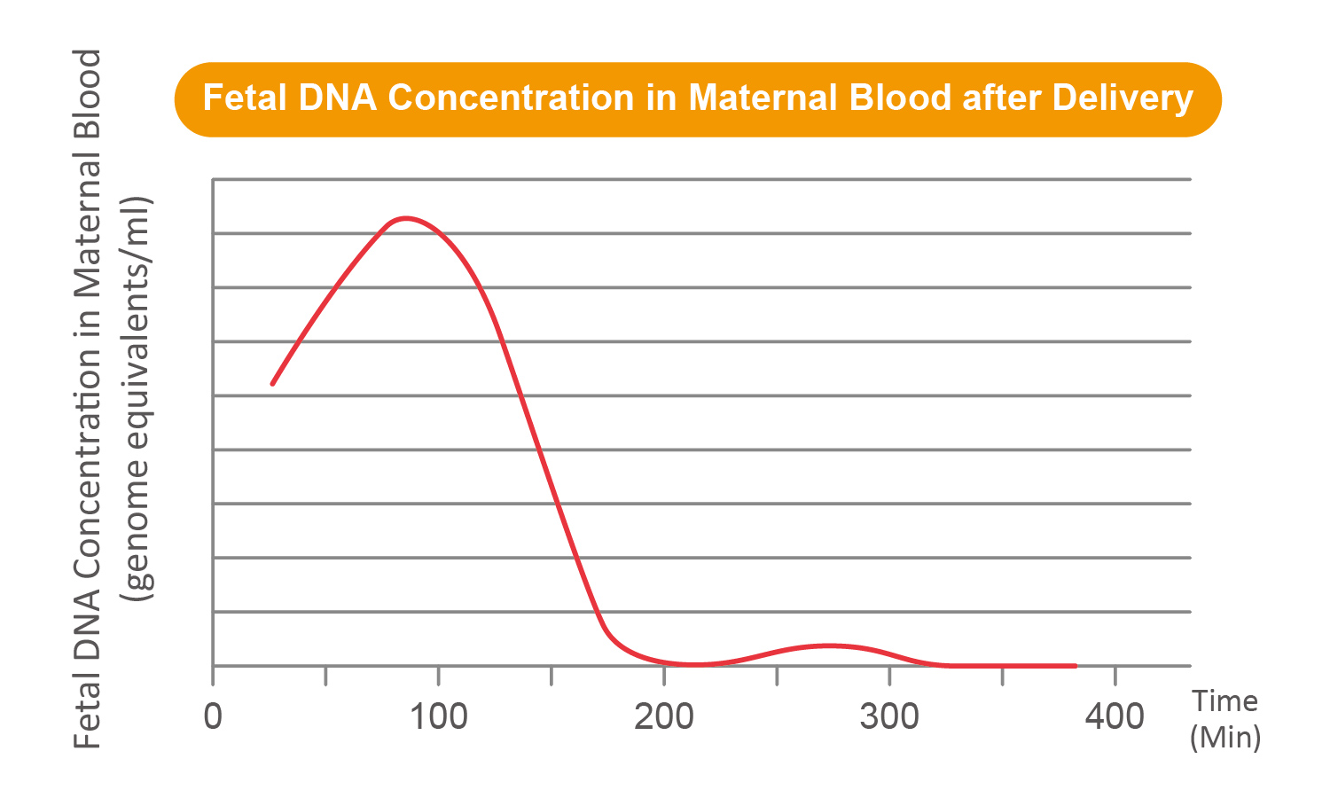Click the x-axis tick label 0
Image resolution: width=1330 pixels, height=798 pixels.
[213, 716]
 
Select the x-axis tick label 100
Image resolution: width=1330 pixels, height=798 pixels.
[439, 716]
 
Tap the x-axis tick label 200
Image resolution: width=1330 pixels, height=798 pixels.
[664, 716]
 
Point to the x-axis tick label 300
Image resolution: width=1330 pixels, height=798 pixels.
[889, 716]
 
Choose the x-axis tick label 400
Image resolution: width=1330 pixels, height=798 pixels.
[1115, 716]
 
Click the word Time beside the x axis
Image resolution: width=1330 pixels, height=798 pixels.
[1224, 701]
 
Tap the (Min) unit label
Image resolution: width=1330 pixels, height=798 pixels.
[1225, 738]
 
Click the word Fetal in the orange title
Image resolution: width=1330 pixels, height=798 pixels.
[246, 98]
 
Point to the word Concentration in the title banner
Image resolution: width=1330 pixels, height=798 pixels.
[512, 98]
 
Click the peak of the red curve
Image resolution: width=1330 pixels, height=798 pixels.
[405, 218]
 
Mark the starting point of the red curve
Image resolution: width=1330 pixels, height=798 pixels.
[272, 384]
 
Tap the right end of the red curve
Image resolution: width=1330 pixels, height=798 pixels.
[1076, 666]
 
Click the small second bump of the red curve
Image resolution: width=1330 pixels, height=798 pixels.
[828, 645]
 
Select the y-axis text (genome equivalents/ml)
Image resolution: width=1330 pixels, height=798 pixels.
[137, 398]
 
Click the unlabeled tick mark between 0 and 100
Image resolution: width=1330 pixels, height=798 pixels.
[325, 676]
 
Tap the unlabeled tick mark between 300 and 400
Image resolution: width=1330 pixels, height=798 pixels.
[1002, 676]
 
